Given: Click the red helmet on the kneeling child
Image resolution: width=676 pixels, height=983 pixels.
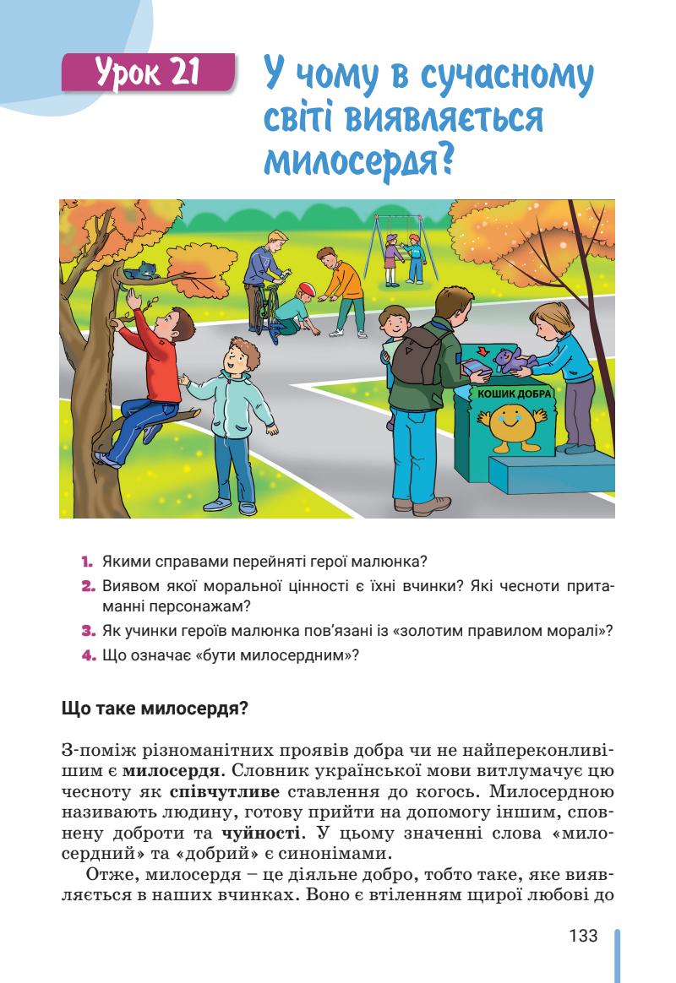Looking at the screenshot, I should (306, 289).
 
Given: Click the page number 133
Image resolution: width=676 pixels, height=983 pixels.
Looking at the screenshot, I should (583, 937).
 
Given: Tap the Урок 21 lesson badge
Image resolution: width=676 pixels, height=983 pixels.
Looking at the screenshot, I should (148, 73).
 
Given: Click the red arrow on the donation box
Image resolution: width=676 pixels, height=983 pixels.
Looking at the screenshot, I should (481, 351).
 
